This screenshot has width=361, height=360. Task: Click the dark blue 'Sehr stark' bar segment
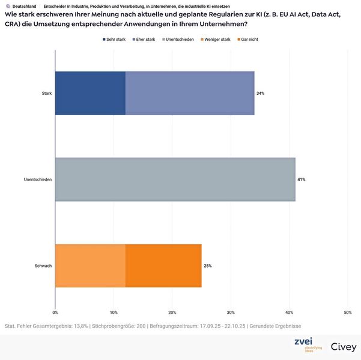(x=90, y=93)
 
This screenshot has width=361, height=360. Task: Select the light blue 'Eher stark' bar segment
(x=190, y=93)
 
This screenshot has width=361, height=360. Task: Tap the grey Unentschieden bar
(x=175, y=179)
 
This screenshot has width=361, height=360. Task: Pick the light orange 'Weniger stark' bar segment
(x=90, y=266)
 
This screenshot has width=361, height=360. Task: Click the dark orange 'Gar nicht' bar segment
(x=163, y=266)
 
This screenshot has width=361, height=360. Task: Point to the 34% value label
(x=260, y=94)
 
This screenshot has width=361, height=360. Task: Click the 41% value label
(x=301, y=179)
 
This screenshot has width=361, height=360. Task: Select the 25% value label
(x=207, y=266)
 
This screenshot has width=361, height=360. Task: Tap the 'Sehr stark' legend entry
(x=114, y=39)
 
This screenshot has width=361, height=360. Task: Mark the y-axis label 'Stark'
(x=46, y=94)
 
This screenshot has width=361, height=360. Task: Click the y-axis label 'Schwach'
(x=43, y=266)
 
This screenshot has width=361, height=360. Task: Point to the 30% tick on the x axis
(x=231, y=313)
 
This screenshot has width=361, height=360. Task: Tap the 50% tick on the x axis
(x=347, y=313)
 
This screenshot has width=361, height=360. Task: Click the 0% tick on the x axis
(x=55, y=313)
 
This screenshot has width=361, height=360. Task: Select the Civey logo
(x=343, y=347)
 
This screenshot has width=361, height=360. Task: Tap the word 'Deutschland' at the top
(x=25, y=6)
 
